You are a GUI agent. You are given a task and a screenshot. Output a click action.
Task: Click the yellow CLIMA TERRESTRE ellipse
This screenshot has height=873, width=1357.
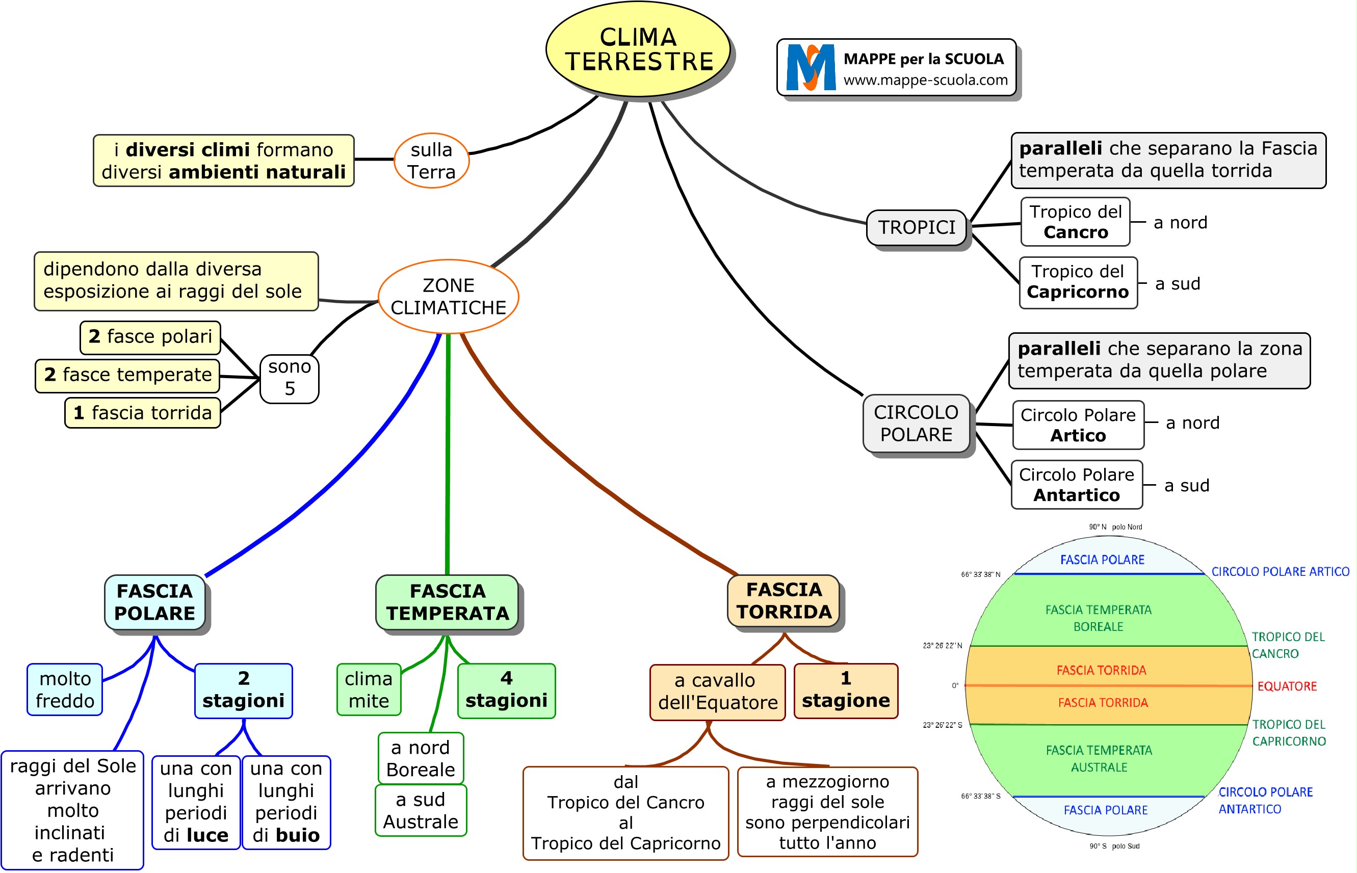[638, 49]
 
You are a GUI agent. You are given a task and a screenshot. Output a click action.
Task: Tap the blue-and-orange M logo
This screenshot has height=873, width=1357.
[811, 67]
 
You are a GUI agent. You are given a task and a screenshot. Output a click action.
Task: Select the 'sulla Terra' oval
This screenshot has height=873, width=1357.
[432, 161]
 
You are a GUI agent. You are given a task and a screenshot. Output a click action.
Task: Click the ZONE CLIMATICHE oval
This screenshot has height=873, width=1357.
[448, 297]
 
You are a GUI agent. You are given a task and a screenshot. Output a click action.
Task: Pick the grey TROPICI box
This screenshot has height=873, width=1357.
[917, 227]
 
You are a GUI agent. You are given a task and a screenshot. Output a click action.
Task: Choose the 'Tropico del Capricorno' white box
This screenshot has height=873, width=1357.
[1078, 282]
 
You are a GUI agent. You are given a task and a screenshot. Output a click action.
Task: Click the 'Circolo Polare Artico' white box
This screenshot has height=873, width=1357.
[1078, 425]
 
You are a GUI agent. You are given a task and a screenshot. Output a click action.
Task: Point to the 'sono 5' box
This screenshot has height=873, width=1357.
[289, 378]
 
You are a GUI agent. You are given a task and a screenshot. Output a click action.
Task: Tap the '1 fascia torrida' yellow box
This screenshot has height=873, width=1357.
[142, 413]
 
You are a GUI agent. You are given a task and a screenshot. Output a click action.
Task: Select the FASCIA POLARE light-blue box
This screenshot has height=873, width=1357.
[155, 602]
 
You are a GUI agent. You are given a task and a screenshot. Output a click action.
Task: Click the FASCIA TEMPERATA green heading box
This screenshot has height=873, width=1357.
[448, 602]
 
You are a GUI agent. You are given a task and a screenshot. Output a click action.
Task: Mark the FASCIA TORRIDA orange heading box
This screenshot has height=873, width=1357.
[784, 601]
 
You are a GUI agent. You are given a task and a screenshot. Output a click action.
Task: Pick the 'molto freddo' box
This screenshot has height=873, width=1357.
[65, 690]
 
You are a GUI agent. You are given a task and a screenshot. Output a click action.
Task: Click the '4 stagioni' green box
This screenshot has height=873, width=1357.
[506, 690]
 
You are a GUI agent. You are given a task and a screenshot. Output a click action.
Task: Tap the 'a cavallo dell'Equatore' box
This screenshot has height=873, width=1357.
[717, 692]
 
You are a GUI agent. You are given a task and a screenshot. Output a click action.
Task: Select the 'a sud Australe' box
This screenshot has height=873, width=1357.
[421, 811]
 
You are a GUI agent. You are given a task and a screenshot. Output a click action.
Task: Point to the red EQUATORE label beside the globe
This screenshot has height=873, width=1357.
[1287, 686]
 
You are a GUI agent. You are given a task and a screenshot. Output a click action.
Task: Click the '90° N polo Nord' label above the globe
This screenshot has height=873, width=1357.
[1115, 527]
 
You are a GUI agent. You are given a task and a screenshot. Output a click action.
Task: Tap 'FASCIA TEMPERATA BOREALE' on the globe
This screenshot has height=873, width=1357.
[1098, 618]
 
